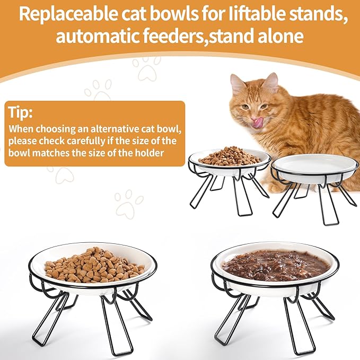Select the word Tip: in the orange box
point(20,112)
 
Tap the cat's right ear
point(271,81)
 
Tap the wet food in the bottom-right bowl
point(274,264)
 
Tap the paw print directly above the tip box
point(99,89)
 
